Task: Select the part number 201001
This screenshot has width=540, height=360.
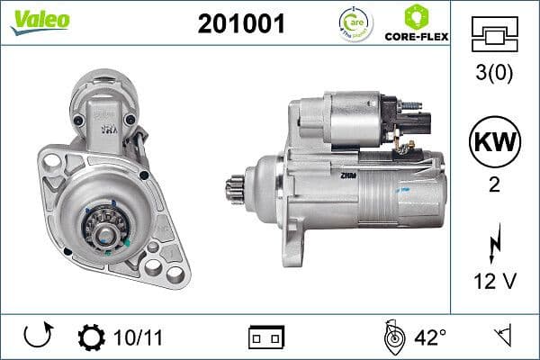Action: click(240, 24)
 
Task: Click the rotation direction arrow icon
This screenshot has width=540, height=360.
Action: click(38, 337)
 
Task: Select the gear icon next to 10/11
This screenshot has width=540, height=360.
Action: click(91, 337)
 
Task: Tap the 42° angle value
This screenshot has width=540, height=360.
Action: click(430, 337)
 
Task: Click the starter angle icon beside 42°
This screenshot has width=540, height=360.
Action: click(392, 337)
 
